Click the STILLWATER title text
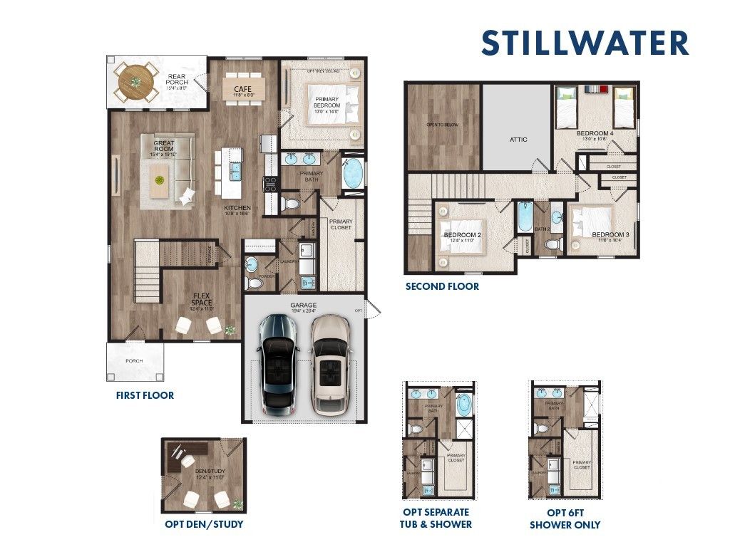pos(585,43)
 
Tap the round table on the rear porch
pos(138,80)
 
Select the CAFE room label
pos(243,90)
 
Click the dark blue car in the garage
pos(280,363)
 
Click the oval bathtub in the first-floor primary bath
pos(352,173)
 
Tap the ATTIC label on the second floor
pos(518,140)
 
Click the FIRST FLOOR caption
pos(145,395)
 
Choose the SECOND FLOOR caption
pos(442,287)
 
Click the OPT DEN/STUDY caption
pos(203,525)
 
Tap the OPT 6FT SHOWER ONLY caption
pos(565,519)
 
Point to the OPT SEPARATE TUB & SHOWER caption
pos(436,519)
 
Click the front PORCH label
pos(134,361)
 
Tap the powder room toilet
pos(255,283)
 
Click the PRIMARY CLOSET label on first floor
pos(340,224)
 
